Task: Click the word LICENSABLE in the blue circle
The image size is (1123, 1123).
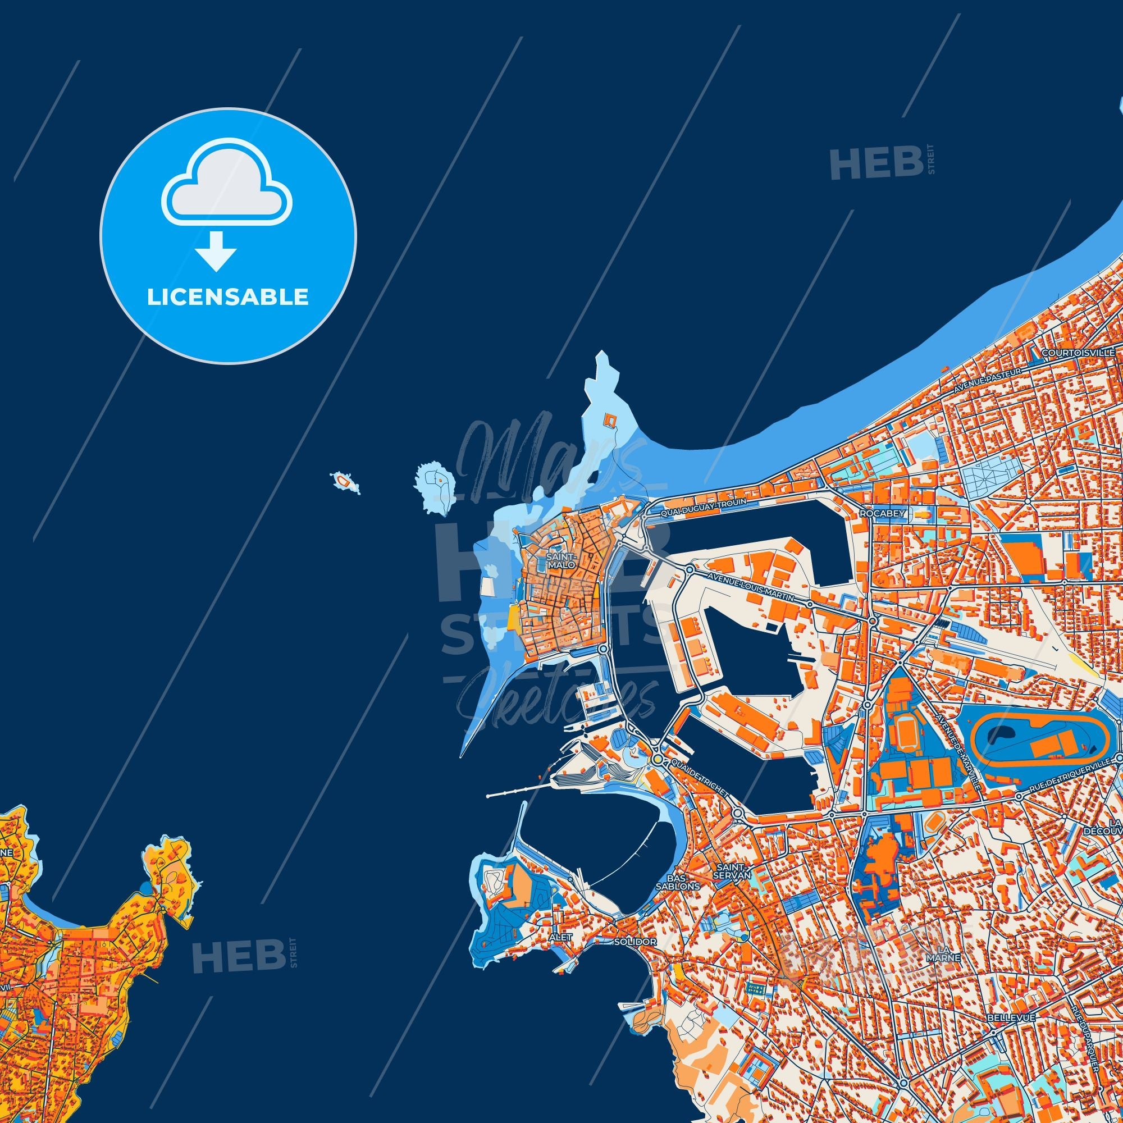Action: coord(227,297)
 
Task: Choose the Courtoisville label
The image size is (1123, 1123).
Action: coord(1083,353)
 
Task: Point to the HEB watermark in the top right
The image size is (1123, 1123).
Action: coord(878,162)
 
